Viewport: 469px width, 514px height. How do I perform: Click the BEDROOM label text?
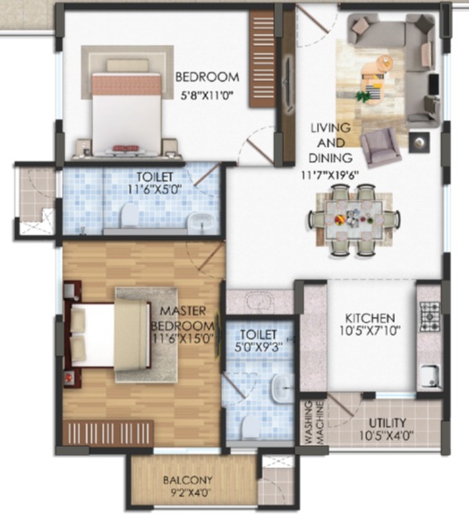[207, 77]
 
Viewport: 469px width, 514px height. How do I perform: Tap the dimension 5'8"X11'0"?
[207, 97]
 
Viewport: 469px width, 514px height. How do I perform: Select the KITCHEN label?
[370, 318]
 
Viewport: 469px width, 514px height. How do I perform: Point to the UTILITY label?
[388, 423]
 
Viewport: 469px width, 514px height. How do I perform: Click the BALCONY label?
[188, 480]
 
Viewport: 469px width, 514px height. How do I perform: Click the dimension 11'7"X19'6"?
[330, 176]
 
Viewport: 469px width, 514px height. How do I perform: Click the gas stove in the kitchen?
[430, 316]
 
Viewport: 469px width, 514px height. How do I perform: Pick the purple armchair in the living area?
[380, 147]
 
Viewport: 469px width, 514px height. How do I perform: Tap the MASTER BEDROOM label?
[183, 318]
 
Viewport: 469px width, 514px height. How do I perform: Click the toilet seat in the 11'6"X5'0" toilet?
[130, 215]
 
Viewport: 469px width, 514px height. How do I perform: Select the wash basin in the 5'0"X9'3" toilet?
[280, 388]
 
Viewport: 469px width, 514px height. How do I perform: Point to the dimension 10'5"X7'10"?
[370, 331]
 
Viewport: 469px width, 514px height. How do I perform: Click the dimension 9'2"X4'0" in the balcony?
[188, 493]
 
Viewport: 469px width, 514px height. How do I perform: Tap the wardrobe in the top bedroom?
[262, 59]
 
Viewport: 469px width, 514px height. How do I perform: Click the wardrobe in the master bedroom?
[108, 433]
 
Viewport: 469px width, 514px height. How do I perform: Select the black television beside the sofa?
[434, 85]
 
